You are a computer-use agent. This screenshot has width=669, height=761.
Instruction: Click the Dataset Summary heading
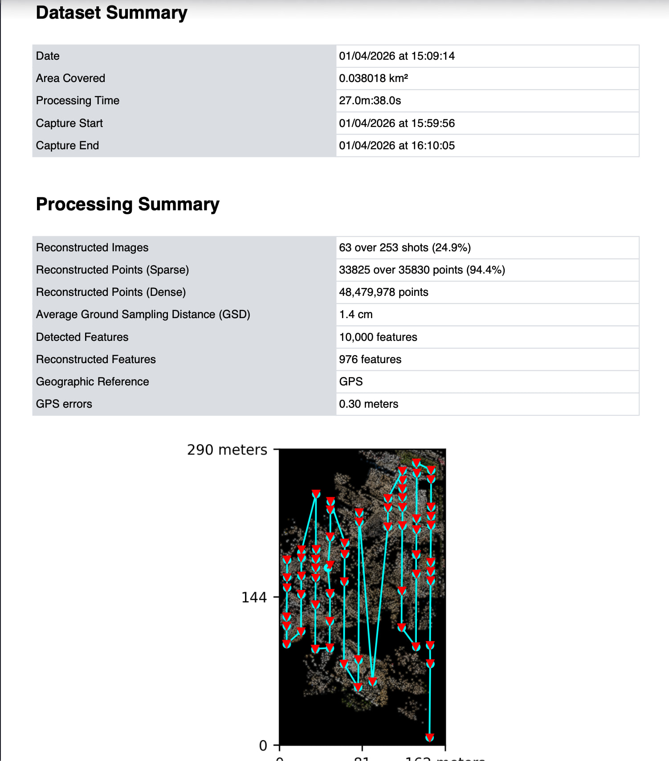tap(111, 12)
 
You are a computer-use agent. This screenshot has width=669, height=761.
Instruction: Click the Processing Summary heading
tap(127, 204)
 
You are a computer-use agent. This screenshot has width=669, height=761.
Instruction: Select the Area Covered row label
tap(70, 78)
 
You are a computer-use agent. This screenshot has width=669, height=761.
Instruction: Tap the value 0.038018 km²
tap(373, 78)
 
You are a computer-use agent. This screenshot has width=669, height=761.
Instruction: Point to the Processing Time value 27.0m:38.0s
tap(370, 101)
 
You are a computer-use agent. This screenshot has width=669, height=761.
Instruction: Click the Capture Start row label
tap(69, 123)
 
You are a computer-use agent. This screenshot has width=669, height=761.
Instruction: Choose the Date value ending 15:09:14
tap(396, 56)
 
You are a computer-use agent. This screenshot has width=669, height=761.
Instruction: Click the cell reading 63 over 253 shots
tap(404, 248)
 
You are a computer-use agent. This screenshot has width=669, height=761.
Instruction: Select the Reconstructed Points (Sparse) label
tap(112, 270)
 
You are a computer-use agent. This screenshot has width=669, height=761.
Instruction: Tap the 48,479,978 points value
tap(383, 292)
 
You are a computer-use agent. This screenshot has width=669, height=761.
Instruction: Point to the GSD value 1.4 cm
tap(355, 315)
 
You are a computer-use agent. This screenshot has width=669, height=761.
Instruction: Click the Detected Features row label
tap(82, 337)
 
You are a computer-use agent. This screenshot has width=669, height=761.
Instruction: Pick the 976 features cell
tap(370, 360)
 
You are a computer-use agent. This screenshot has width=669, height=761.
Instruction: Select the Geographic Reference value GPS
tap(351, 382)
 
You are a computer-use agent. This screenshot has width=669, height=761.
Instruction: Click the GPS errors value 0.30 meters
tap(368, 404)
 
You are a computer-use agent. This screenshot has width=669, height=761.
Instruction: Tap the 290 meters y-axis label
tap(227, 450)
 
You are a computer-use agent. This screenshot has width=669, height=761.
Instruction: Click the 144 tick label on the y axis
tap(254, 597)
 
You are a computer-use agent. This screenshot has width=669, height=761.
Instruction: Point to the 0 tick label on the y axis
tap(263, 745)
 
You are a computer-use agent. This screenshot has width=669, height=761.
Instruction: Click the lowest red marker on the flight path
tap(429, 737)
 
